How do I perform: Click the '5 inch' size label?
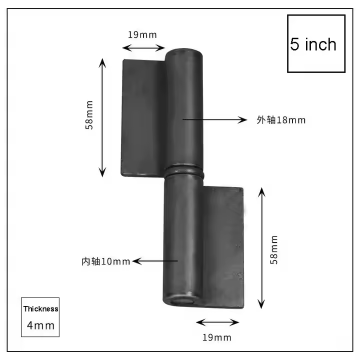[x=313, y=44]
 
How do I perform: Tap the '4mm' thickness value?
[x=40, y=325]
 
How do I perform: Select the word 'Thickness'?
[x=40, y=309]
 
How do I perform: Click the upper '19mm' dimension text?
[x=142, y=35]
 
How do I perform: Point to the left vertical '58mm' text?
[x=89, y=115]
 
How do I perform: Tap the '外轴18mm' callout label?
[x=281, y=120]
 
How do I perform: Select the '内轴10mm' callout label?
[x=106, y=261]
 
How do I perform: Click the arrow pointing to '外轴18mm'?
[x=215, y=119]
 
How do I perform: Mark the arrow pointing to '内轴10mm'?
[x=155, y=260]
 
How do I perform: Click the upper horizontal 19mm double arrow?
[x=143, y=48]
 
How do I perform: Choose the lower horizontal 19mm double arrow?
[x=217, y=322]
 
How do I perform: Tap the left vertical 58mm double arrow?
[x=102, y=117]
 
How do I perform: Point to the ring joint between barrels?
[x=185, y=171]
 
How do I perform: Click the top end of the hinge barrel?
[x=185, y=51]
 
